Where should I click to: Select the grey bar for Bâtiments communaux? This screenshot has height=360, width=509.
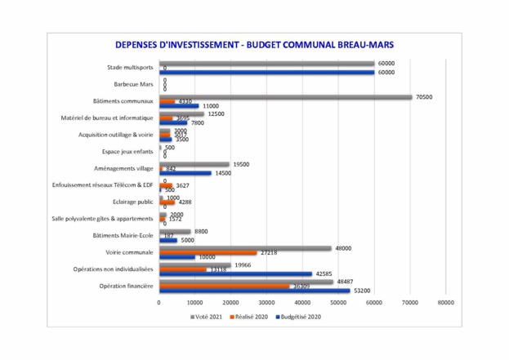point(285,96)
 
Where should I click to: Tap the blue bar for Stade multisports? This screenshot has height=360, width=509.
point(266,73)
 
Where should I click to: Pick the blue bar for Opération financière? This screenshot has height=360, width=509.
point(254,291)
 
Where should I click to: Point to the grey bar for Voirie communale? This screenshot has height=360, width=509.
point(245,248)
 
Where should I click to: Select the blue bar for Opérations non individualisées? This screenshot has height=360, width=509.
point(235,273)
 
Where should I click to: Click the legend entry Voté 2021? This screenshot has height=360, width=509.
point(208,316)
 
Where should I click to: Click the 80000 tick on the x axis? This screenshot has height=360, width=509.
point(446,302)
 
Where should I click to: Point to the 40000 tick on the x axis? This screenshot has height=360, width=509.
point(302,302)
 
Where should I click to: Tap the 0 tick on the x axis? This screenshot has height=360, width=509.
point(159,302)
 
